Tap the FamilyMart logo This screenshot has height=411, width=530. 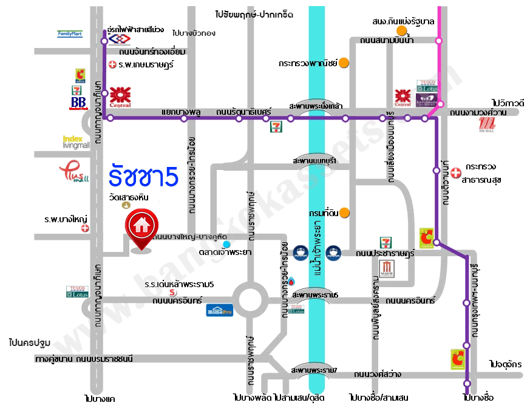(69, 34)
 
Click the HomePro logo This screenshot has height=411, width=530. (219, 310)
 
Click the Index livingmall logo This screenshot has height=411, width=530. (76, 141)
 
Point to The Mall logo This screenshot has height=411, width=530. (487, 124)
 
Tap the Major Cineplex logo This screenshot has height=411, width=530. (389, 268)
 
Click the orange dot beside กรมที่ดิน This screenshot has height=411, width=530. (344, 212)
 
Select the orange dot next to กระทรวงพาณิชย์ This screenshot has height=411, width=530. (344, 62)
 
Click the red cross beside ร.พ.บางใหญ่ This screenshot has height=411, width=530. (85, 228)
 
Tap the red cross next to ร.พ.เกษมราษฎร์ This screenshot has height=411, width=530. (112, 64)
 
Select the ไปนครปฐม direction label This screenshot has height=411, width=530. (30, 342)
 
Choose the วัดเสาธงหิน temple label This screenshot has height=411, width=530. (129, 197)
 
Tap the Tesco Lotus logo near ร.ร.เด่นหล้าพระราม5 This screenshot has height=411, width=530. (77, 292)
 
